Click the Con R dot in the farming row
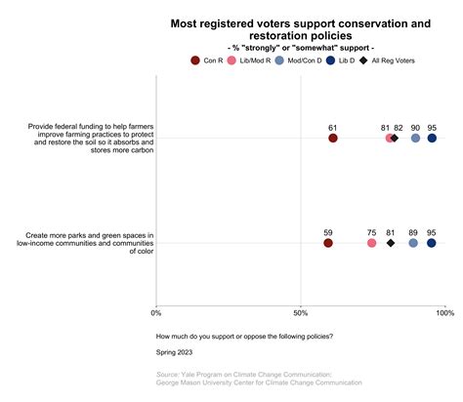coord(333,139)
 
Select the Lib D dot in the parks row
coord(431,243)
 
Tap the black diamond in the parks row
coord(391,243)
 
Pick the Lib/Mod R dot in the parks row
coord(372,243)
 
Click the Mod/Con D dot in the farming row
coord(416,139)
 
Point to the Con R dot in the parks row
coord(327,243)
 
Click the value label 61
coord(333,127)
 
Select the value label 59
coord(327,231)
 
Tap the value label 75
coord(372,231)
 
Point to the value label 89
coord(414,231)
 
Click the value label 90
coord(416,127)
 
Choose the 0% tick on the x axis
coord(156,312)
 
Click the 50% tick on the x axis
coord(301,312)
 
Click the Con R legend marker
coord(195,60)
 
